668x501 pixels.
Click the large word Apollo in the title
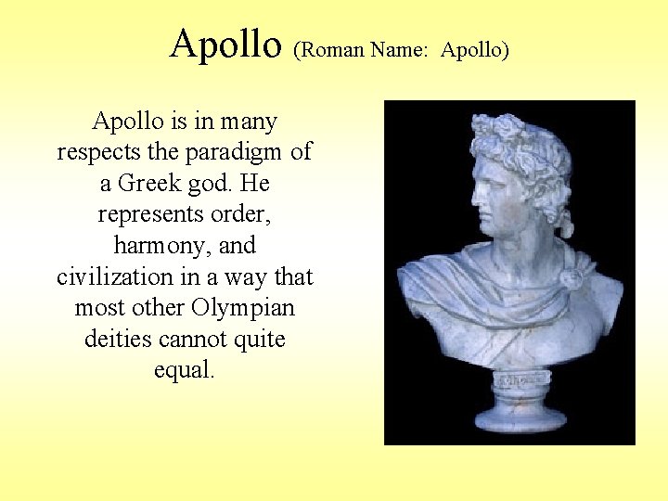225,44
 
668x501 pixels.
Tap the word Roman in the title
331,50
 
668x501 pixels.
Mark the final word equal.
185,370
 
